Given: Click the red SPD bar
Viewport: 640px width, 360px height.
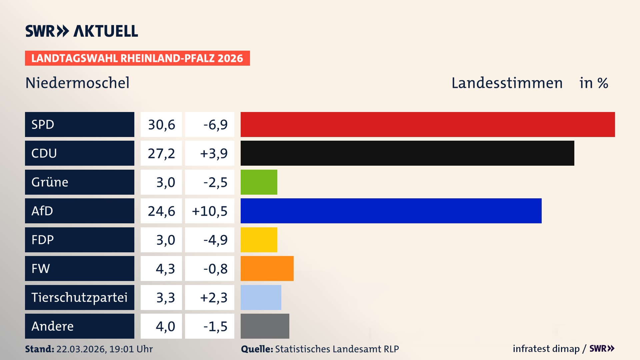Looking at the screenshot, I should pyautogui.click(x=428, y=124).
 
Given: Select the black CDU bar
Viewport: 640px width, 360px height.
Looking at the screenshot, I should pyautogui.click(x=407, y=153).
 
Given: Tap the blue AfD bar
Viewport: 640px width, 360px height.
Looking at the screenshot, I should pyautogui.click(x=391, y=211).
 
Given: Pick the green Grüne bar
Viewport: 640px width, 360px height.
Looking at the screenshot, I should pyautogui.click(x=259, y=182).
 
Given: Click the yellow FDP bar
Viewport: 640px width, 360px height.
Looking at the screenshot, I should pyautogui.click(x=259, y=240).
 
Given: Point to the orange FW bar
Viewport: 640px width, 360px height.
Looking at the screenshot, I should pyautogui.click(x=267, y=268).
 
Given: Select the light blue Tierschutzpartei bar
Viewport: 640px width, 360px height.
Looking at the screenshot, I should pyautogui.click(x=261, y=297).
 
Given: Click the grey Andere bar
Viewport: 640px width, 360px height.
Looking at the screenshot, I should pyautogui.click(x=265, y=326).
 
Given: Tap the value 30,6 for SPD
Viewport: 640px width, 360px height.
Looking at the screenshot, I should pyautogui.click(x=161, y=125).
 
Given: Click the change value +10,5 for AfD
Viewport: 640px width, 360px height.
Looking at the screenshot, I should pyautogui.click(x=210, y=211).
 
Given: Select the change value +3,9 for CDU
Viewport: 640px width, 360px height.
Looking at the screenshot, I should pyautogui.click(x=214, y=153).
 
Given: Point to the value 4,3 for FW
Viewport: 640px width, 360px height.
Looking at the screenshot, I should pyautogui.click(x=165, y=269).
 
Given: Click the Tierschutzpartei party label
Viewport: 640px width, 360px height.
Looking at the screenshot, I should pyautogui.click(x=79, y=297).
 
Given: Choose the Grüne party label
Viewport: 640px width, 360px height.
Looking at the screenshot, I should pyautogui.click(x=50, y=182).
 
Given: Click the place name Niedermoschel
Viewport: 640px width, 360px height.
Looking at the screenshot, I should pyautogui.click(x=77, y=83).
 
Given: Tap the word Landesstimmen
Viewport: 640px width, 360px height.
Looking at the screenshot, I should pyautogui.click(x=507, y=83).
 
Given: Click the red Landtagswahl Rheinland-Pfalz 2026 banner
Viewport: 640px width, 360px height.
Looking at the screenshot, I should pyautogui.click(x=137, y=58).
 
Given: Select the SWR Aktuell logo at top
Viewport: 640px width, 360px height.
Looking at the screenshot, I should pyautogui.click(x=82, y=31).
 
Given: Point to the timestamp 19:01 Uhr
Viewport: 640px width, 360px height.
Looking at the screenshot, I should pyautogui.click(x=131, y=349).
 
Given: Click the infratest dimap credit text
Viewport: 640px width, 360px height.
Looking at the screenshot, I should pyautogui.click(x=546, y=349).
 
